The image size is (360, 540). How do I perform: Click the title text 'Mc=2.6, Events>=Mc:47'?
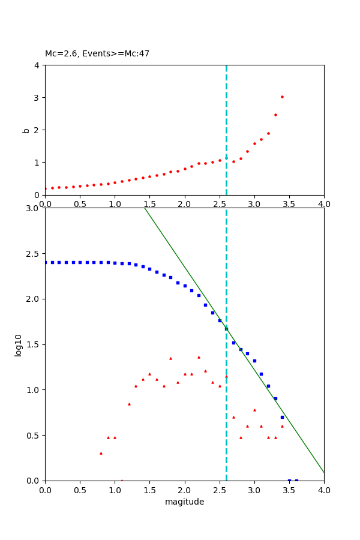(x=97, y=53)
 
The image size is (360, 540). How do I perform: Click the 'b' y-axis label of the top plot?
(x=25, y=130)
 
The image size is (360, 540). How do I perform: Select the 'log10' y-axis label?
(x=18, y=344)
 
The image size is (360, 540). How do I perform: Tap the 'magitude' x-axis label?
(x=184, y=502)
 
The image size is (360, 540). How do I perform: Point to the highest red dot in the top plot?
(x=282, y=97)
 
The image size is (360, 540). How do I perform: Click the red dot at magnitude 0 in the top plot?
(x=45, y=188)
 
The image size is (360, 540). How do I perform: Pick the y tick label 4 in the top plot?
(x=37, y=65)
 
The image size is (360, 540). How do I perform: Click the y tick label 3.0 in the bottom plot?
(x=33, y=208)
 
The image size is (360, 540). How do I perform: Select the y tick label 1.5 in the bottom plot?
(x=33, y=344)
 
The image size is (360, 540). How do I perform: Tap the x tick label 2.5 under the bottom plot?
(x=219, y=490)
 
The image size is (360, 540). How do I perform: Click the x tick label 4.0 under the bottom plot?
(x=323, y=490)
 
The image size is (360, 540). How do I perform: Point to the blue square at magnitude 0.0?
(x=45, y=262)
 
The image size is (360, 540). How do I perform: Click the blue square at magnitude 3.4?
(x=282, y=417)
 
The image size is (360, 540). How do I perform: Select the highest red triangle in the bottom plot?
(x=199, y=357)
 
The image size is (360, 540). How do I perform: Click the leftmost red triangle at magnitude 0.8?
(x=101, y=453)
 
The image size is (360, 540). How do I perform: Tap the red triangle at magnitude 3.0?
(x=254, y=410)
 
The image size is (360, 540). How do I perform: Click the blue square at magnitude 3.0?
(x=254, y=361)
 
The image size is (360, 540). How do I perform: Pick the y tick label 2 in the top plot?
(x=37, y=130)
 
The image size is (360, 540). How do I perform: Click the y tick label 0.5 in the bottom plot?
(x=33, y=435)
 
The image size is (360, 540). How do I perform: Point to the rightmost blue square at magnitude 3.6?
(x=296, y=480)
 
